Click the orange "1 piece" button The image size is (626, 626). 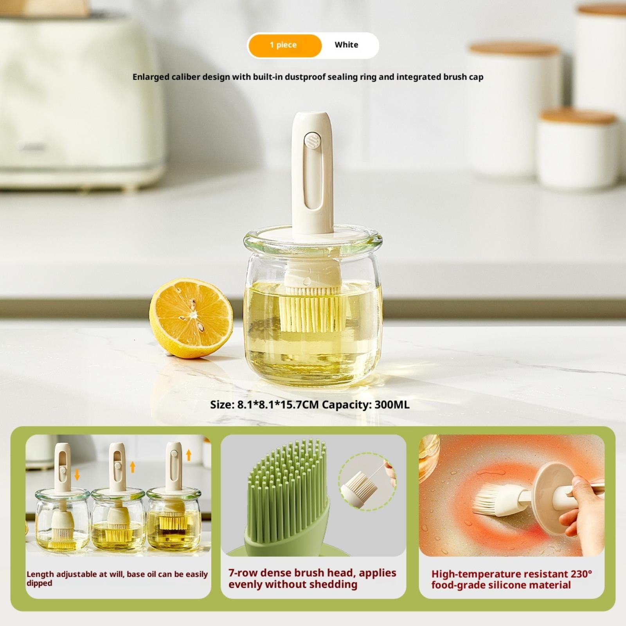284,45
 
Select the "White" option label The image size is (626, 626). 346,45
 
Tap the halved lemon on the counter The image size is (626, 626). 191,318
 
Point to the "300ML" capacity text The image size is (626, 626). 392,405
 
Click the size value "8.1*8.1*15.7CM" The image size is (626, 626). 279,405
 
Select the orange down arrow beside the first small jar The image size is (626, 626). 77,475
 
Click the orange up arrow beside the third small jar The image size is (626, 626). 189,455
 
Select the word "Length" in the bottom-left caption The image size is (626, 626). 40,575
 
